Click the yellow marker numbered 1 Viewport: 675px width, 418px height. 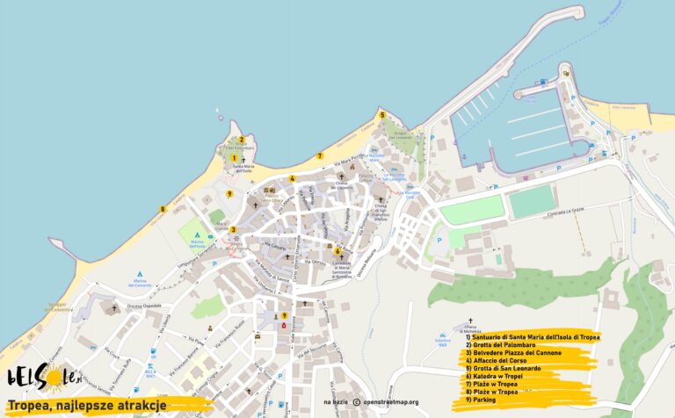[234, 158]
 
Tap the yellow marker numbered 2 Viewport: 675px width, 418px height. [242, 139]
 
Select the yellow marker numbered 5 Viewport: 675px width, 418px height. [381, 114]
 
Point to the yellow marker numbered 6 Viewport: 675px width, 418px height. [337, 250]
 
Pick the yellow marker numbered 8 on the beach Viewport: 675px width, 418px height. [163, 209]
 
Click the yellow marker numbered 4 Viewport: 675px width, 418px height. [291, 178]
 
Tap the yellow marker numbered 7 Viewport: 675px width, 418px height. [320, 156]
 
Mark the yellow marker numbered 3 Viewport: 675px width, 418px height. [233, 230]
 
